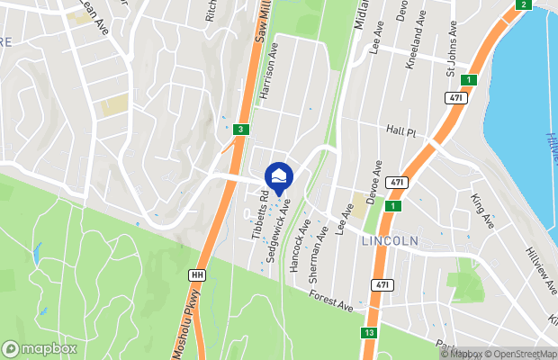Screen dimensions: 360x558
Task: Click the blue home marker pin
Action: click(280, 177)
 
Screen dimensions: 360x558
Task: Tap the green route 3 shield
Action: click(240, 130)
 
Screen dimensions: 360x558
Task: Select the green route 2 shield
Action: click(523, 5)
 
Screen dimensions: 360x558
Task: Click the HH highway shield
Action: click(197, 274)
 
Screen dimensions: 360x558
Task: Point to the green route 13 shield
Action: click(369, 333)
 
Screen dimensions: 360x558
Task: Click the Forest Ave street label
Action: click(329, 301)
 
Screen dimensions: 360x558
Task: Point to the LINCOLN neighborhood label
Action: click(390, 241)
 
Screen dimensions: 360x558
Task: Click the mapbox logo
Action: click(40, 348)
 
